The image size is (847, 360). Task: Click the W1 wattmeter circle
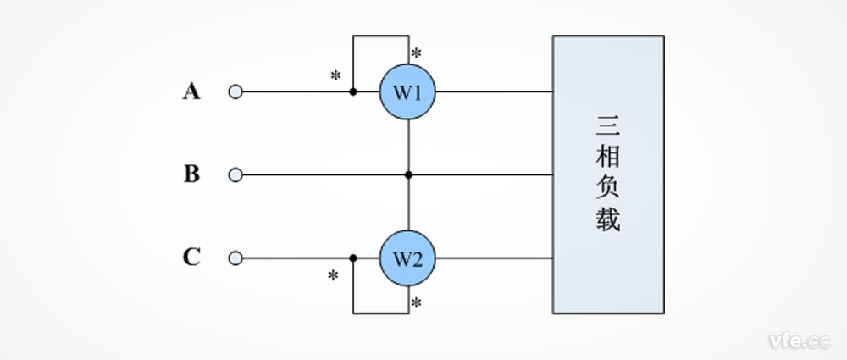coord(407,91)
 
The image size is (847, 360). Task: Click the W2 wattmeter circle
coord(407,258)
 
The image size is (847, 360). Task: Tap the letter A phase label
coord(191,91)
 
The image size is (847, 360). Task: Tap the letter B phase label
coord(191,174)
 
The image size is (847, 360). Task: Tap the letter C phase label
coord(191,258)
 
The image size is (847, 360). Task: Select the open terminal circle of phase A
coord(235,91)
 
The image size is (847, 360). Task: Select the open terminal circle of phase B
coord(235,175)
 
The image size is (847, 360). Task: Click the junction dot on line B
coord(408,175)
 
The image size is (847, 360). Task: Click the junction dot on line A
coord(353,91)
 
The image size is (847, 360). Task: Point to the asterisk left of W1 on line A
coord(335,76)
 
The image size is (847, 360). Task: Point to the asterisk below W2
coord(416,303)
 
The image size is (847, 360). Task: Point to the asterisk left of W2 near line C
coord(333,276)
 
